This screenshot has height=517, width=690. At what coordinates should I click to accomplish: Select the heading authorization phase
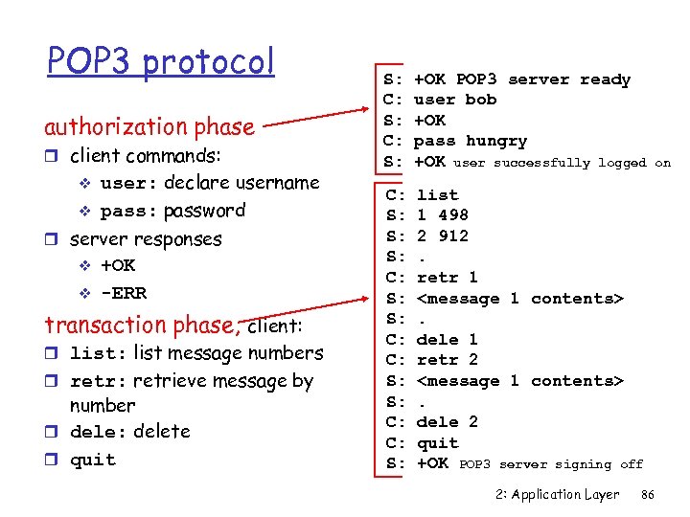[149, 126]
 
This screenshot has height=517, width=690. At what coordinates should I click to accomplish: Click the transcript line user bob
[454, 100]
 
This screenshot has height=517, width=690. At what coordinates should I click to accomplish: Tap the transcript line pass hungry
[470, 141]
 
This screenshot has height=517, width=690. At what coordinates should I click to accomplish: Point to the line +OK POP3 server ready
[521, 79]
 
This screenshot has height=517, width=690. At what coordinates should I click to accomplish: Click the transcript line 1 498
[442, 215]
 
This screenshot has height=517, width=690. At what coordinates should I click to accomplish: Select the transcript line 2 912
[442, 236]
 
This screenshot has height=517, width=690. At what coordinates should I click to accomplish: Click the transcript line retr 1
[447, 278]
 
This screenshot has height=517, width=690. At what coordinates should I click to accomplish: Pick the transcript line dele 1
[447, 339]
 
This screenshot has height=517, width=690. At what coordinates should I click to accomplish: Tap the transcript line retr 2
[447, 360]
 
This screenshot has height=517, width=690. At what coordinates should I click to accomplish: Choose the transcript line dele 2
[447, 421]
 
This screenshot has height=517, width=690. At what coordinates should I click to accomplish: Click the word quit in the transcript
[437, 442]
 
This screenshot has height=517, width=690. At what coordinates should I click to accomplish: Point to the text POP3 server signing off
[551, 464]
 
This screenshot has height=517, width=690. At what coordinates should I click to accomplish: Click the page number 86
[647, 495]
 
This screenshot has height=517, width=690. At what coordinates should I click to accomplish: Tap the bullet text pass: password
[172, 211]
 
